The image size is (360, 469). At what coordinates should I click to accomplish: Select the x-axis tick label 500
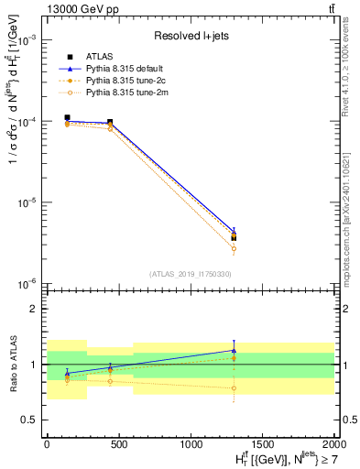tap(118, 443)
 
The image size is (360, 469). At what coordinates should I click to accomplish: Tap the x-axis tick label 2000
tap(333, 443)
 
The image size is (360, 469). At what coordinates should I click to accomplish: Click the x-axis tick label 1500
tap(262, 443)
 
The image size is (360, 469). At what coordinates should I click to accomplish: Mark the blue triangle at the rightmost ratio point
tap(234, 350)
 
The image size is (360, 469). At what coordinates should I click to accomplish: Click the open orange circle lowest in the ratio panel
tap(234, 387)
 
